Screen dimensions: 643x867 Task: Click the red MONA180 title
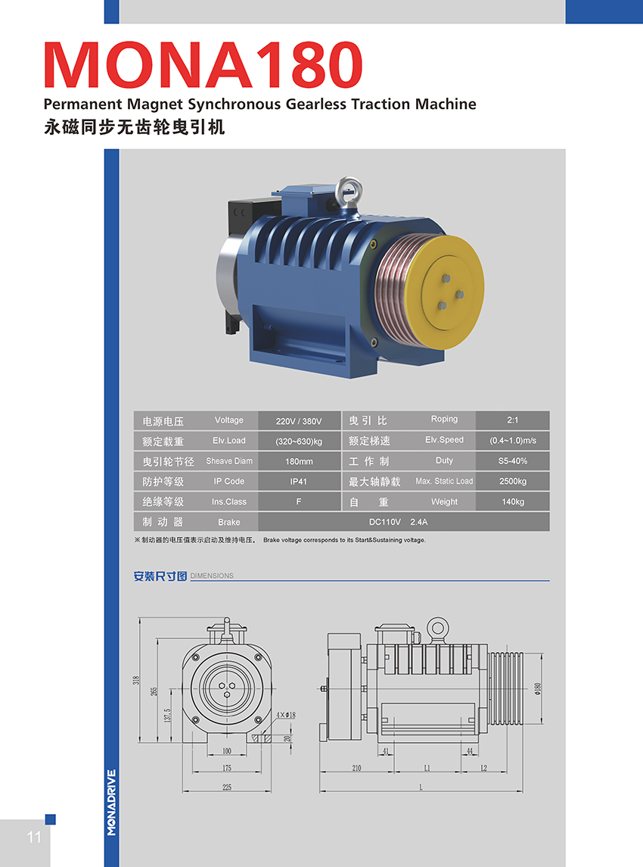click(203, 64)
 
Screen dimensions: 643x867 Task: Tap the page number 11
click(34, 837)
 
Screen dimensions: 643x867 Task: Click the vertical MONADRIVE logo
click(112, 803)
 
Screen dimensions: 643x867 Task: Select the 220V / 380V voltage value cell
click(299, 421)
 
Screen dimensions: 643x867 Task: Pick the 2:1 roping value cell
click(513, 420)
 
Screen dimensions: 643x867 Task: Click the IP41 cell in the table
click(299, 482)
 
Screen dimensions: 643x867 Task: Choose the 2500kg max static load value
click(513, 481)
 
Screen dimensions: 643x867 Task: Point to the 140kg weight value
click(513, 501)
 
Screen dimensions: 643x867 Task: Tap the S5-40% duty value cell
click(513, 460)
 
